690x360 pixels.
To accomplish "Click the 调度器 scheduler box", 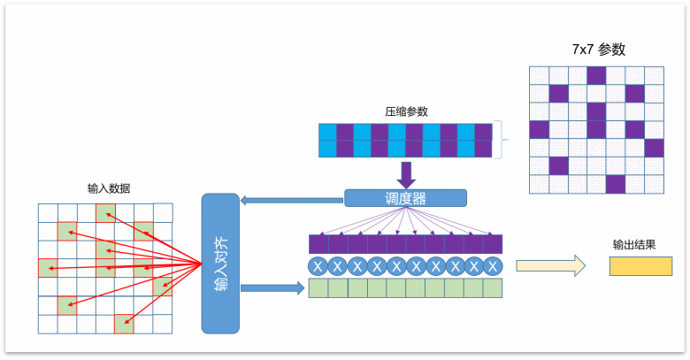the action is pyautogui.click(x=405, y=198).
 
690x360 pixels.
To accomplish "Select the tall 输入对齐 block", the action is pyautogui.click(x=220, y=264).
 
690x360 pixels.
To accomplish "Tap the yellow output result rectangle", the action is pyautogui.click(x=640, y=266).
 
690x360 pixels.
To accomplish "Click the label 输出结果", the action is pyautogui.click(x=634, y=245).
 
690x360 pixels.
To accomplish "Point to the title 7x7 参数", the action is pyautogui.click(x=599, y=50).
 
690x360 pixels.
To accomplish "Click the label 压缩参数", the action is pyautogui.click(x=406, y=111).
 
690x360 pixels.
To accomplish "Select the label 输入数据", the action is pyautogui.click(x=109, y=188).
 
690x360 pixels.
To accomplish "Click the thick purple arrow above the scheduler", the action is pyautogui.click(x=406, y=175).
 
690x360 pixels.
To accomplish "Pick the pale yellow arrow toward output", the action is pyautogui.click(x=550, y=266).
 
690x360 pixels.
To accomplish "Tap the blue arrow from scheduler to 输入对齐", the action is pyautogui.click(x=292, y=200).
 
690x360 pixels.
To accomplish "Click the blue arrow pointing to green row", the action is pyautogui.click(x=272, y=288).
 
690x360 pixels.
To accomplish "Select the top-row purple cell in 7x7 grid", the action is pyautogui.click(x=596, y=76).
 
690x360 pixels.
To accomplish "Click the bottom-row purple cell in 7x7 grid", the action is pyautogui.click(x=616, y=184).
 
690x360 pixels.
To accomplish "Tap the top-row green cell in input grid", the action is pyautogui.click(x=105, y=213).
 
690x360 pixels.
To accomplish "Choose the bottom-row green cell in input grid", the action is pyautogui.click(x=124, y=324).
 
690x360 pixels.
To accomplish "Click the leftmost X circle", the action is pyautogui.click(x=318, y=266).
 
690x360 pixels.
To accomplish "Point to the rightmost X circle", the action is pyautogui.click(x=493, y=266).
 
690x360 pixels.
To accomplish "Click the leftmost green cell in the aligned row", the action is pyautogui.click(x=318, y=288).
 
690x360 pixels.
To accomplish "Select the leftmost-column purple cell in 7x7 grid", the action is pyautogui.click(x=539, y=130).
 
